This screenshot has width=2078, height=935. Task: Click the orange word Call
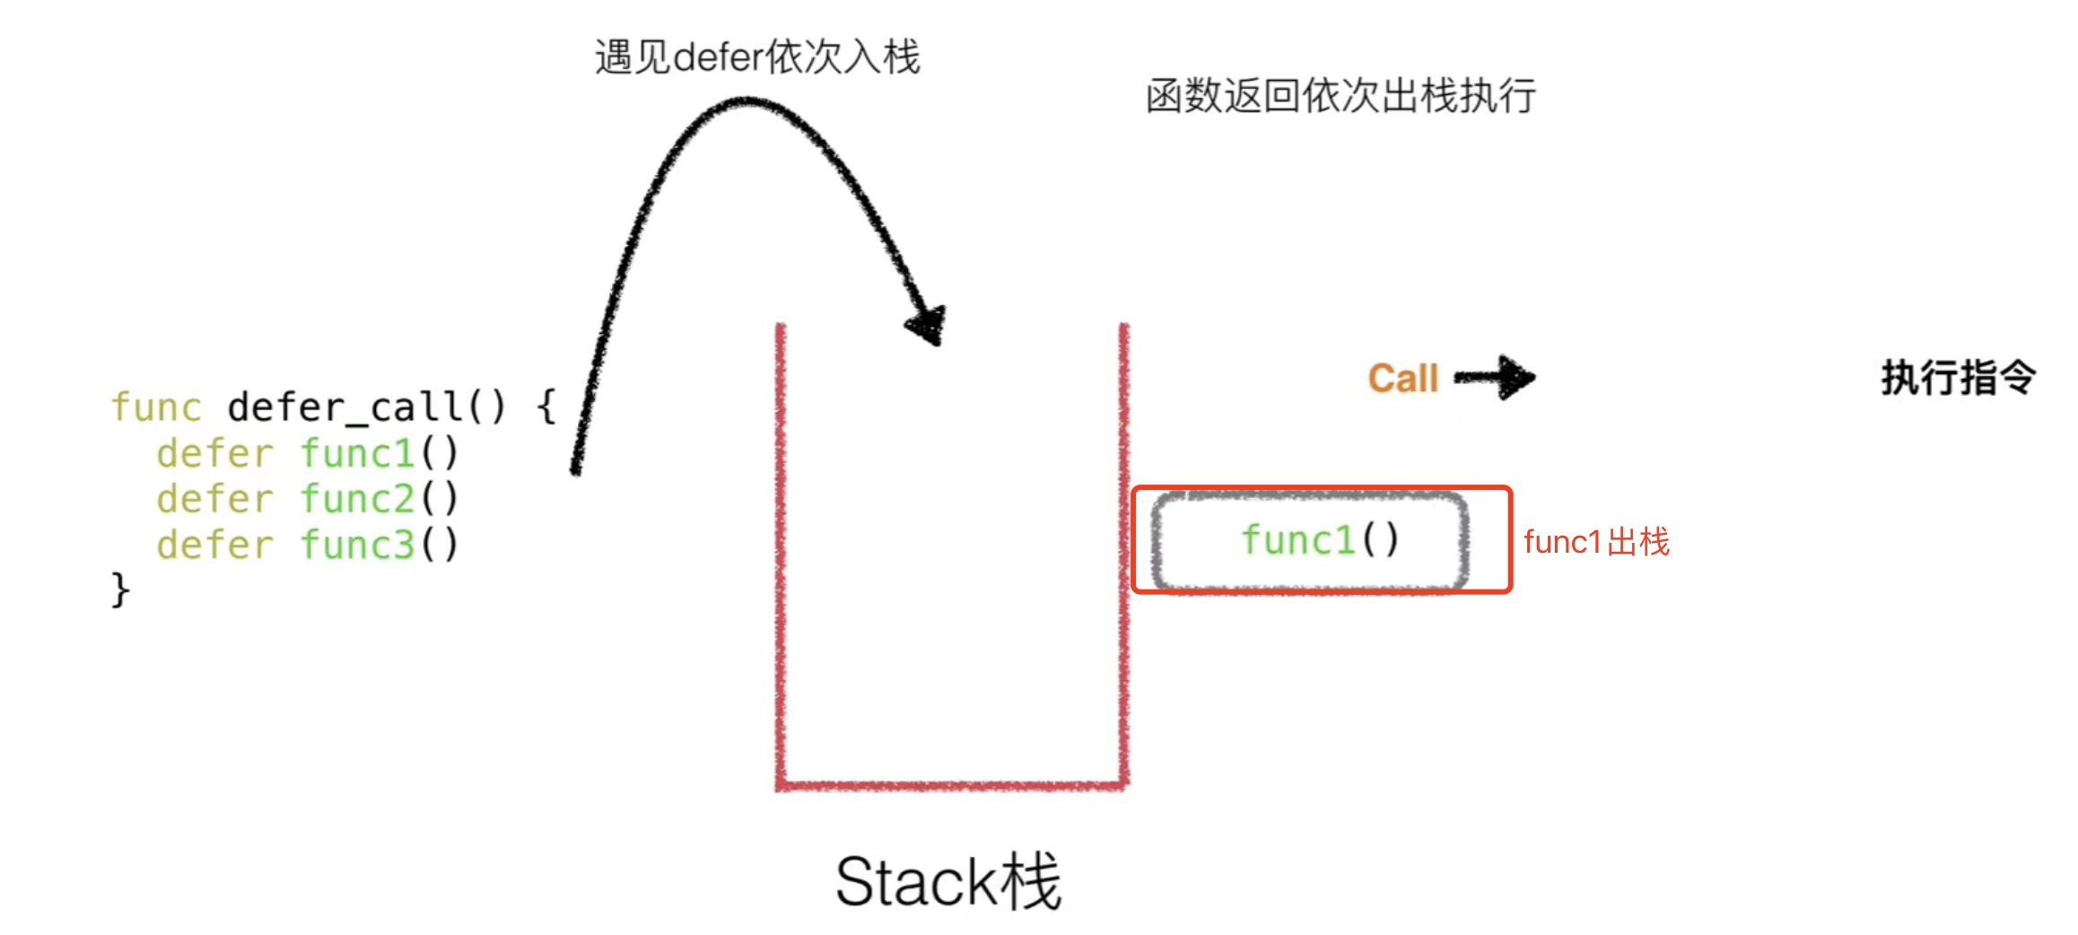pos(1402,379)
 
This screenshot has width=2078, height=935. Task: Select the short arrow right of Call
pos(1495,378)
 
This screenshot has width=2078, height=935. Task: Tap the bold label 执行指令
pos(1958,378)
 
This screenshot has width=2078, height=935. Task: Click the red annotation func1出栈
pos(1596,542)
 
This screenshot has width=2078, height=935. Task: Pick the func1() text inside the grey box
pos(1319,540)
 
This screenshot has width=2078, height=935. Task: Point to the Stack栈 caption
pos(948,881)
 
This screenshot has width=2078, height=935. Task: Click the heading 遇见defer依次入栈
pos(757,57)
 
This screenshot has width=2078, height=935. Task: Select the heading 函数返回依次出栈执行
pos(1340,96)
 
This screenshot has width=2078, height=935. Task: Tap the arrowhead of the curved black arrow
pos(928,325)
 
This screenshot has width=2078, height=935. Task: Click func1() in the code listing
pos(379,453)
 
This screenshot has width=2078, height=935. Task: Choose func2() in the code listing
pos(379,499)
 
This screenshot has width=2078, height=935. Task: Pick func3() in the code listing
pos(379,545)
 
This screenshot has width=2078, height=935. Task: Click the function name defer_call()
pos(366,407)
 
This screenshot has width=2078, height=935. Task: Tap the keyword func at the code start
pos(156,407)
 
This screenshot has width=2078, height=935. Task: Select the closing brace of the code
pos(120,590)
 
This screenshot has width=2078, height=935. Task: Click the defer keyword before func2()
pos(214,499)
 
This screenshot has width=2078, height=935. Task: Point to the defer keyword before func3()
pos(214,545)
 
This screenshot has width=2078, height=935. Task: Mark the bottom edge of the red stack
pos(951,786)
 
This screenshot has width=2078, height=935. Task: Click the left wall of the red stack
pos(781,556)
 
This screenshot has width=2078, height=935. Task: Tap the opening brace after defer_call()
pos(546,407)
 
